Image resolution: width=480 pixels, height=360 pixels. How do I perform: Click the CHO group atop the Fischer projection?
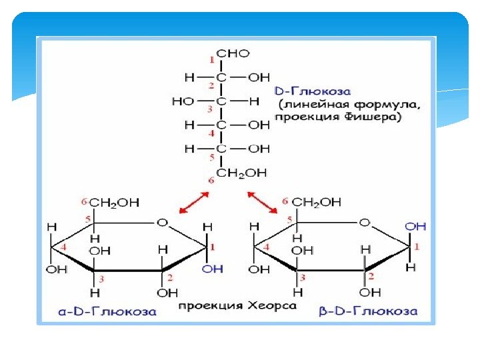tap(233, 53)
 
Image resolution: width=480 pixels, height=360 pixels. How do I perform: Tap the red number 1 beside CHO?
tap(213, 61)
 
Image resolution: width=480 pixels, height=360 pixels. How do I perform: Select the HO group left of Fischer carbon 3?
tap(183, 101)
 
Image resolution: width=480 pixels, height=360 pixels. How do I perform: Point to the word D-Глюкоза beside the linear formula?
tap(313, 90)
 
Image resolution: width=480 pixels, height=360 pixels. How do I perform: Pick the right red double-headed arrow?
tap(263, 203)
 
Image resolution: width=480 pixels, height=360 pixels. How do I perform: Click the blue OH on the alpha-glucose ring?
tap(212, 269)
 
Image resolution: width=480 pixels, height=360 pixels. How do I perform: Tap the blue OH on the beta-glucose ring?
tap(415, 227)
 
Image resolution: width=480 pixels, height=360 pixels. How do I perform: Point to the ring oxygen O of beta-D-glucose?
tap(364, 222)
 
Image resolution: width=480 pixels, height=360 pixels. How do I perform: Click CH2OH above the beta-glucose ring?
tap(317, 202)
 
